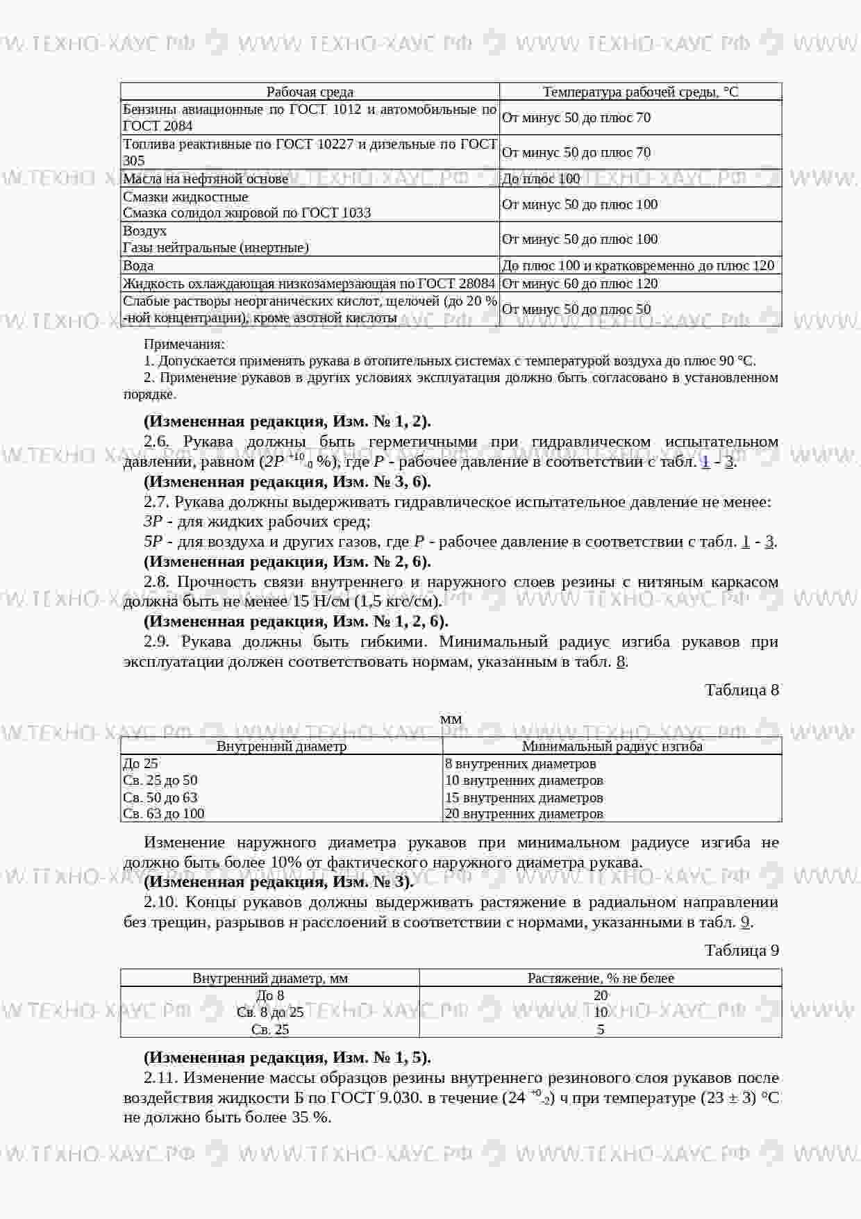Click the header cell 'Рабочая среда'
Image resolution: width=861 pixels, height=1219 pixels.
310,92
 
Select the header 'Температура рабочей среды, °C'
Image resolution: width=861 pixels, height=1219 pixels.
640,92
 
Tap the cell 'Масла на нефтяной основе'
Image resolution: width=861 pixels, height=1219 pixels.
206,179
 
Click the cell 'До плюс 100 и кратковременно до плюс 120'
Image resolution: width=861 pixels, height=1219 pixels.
637,265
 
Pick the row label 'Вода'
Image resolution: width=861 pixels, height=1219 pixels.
138,265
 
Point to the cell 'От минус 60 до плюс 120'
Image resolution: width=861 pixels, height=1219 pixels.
579,283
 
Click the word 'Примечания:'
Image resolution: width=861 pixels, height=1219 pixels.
184,344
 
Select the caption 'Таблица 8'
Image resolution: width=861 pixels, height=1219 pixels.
742,690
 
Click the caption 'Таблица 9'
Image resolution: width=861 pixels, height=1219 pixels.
742,950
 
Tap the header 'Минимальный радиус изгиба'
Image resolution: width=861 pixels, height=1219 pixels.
612,747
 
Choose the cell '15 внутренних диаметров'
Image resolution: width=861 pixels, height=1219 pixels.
524,797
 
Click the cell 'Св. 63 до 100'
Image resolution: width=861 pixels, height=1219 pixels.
164,813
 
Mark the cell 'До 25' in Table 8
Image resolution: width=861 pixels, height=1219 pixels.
140,763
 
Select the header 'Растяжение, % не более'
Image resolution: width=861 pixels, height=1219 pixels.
601,978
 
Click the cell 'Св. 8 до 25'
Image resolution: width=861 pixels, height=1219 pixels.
270,1012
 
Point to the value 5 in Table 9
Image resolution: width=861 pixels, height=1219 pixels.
601,1029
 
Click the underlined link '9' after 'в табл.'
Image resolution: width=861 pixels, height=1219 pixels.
745,922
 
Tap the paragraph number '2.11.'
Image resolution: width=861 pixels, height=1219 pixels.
161,1077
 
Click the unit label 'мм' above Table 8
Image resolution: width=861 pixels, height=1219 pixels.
451,719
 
